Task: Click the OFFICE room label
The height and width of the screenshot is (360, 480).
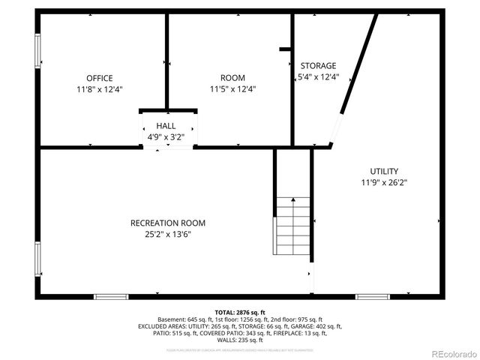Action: (99, 78)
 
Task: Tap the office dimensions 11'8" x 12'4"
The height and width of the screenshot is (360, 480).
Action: (99, 88)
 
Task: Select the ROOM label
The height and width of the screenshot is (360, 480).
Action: (232, 78)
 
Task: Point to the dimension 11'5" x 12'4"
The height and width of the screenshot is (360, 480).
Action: (232, 88)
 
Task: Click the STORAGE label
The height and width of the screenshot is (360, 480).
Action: (318, 66)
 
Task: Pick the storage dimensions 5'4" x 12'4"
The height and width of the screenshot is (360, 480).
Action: (318, 76)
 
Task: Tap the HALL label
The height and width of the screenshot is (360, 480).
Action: (166, 126)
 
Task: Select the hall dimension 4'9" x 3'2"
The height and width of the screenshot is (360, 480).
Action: (166, 136)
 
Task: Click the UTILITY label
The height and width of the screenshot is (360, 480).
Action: (384, 171)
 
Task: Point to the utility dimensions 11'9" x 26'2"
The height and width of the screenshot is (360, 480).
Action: (384, 181)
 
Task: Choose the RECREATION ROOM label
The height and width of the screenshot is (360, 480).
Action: (168, 223)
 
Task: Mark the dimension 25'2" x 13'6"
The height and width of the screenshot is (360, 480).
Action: (168, 233)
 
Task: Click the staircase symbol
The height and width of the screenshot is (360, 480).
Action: (292, 225)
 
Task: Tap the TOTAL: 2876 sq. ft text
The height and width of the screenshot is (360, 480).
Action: (240, 312)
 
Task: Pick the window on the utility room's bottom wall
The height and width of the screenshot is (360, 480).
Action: (373, 297)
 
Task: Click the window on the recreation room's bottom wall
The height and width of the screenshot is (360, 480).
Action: (111, 297)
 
